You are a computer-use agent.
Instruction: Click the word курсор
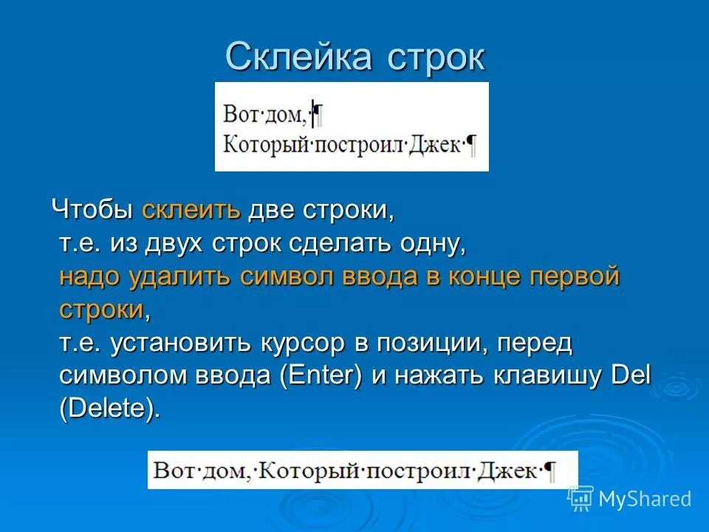(302, 344)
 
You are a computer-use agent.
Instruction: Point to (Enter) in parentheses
(321, 376)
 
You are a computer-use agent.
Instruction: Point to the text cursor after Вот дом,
(313, 112)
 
